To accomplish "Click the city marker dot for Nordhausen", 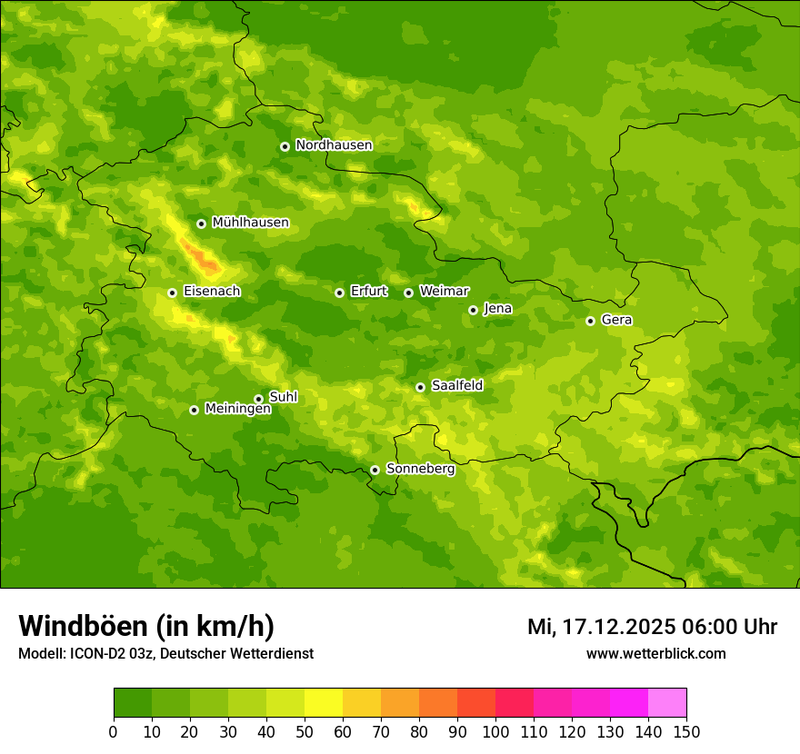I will pos(285,146).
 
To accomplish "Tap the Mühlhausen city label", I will pos(250,223).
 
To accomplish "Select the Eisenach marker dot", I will pos(172,293).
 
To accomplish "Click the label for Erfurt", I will pos(368,292).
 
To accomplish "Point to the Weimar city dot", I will pos(408,293).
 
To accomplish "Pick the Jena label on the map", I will pos(497,309).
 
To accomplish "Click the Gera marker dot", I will pos(590,321).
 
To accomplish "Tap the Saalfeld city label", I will pos(456,386).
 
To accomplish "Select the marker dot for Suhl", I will pos(258,399).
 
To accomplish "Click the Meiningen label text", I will pos(237,410).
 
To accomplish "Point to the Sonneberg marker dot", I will pos(375,470).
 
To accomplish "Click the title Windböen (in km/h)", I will pos(146,627).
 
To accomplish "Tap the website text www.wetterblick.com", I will pos(655,653).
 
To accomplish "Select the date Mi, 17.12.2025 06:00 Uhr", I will pos(652,627).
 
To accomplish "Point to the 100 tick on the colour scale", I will pos(495,731).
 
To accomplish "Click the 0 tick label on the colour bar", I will pos(114,731).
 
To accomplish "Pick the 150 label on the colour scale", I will pos(686,731).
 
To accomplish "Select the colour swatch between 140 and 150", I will pos(667,703).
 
